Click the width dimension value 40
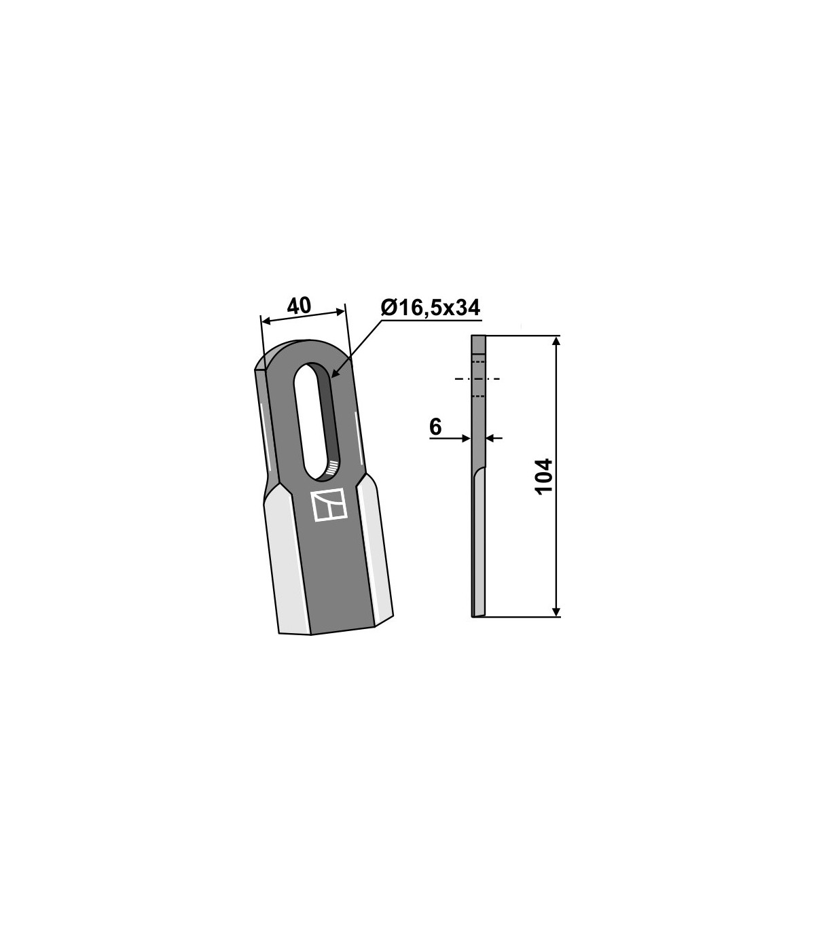(x=299, y=306)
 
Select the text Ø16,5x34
(x=431, y=308)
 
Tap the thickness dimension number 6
(x=435, y=427)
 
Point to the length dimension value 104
(x=543, y=476)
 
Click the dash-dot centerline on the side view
(x=477, y=378)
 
